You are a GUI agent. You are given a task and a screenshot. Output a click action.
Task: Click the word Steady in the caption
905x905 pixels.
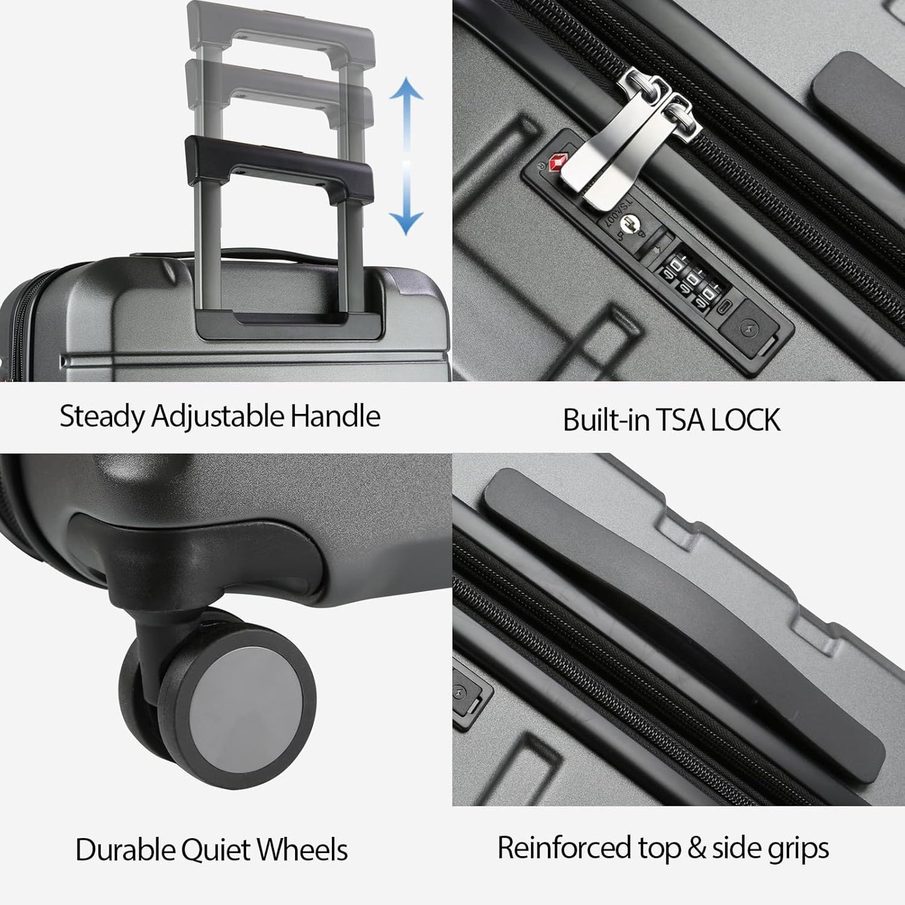point(101,416)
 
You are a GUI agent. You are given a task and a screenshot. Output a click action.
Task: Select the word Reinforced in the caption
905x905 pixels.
point(564,848)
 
